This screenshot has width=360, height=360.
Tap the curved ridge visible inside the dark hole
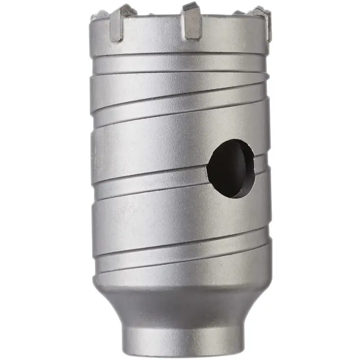(x=245, y=166)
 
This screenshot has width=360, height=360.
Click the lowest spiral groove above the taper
(x=180, y=268)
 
